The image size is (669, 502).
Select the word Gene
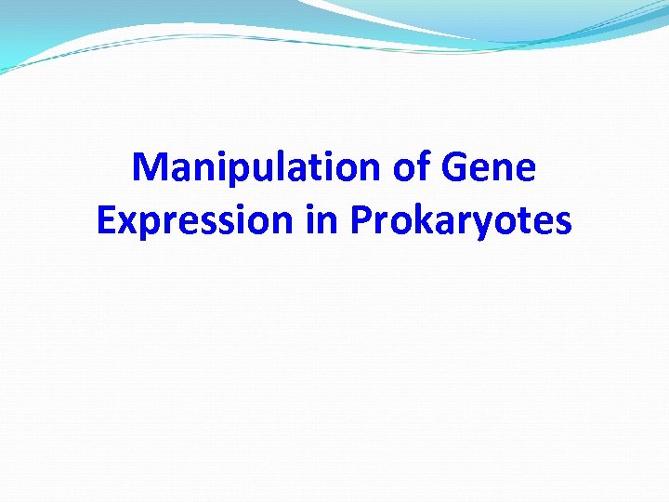491,168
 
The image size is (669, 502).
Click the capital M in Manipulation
149,168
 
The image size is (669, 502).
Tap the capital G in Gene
457,168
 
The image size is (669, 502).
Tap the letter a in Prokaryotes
440,220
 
